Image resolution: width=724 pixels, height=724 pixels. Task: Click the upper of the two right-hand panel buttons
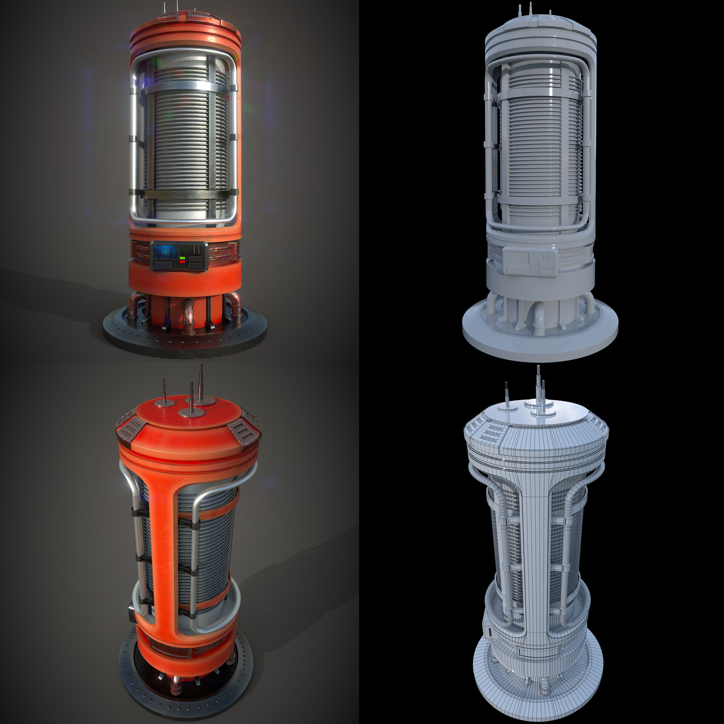tap(195, 258)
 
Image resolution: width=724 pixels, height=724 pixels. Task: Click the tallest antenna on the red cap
tap(201, 381)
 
